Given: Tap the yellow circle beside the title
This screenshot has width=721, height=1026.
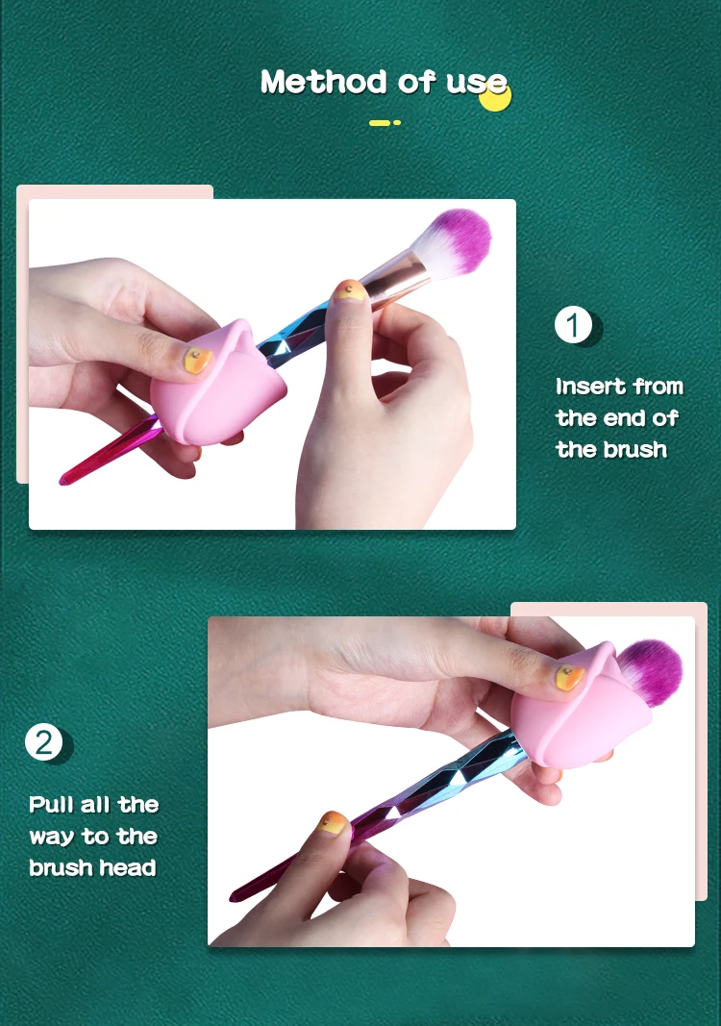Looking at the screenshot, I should pos(495,95).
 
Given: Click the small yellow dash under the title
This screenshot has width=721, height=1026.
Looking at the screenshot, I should pos(381,122).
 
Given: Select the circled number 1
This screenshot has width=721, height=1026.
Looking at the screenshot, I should pos(573,326).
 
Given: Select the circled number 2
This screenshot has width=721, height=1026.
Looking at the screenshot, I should pos(43,742).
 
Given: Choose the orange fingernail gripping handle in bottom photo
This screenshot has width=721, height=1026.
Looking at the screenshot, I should pos(334,824).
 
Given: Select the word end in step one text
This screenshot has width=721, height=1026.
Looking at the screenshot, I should pos(626,418).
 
